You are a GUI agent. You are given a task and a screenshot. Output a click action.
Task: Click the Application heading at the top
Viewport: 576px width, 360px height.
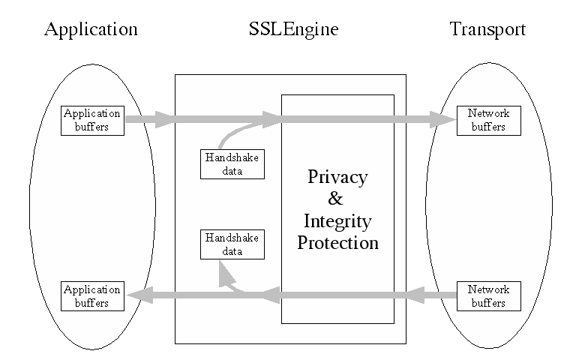coord(91,29)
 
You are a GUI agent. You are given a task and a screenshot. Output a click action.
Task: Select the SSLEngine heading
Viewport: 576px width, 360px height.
coord(293,29)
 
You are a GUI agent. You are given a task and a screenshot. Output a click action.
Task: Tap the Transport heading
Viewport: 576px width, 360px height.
coord(487,29)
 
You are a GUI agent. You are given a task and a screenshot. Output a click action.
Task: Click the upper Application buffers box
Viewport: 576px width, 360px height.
coord(92,121)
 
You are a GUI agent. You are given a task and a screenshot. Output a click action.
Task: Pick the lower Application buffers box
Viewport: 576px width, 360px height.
coord(92,296)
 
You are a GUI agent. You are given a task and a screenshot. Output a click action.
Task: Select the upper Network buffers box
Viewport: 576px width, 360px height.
coord(488,121)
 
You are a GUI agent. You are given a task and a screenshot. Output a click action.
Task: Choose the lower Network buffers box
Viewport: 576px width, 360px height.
coord(488,296)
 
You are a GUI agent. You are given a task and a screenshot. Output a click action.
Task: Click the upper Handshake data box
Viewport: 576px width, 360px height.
coord(232,164)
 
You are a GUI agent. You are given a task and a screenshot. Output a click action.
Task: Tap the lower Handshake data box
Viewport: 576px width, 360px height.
coord(232,244)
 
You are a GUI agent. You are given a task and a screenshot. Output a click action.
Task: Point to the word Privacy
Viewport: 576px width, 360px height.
coord(337,178)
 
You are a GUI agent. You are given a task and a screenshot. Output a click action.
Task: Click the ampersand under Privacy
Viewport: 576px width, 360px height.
coord(336,199)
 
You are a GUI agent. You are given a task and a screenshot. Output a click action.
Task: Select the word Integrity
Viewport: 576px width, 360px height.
coord(337,221)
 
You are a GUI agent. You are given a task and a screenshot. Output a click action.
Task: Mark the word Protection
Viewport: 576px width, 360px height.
coord(337,243)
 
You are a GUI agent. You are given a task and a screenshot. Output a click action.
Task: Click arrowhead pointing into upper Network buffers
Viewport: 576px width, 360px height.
coord(443,119)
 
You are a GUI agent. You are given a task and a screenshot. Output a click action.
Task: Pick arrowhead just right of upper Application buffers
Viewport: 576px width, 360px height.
coord(164,119)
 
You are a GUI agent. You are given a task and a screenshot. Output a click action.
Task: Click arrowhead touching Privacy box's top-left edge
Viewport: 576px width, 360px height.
coord(271,118)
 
